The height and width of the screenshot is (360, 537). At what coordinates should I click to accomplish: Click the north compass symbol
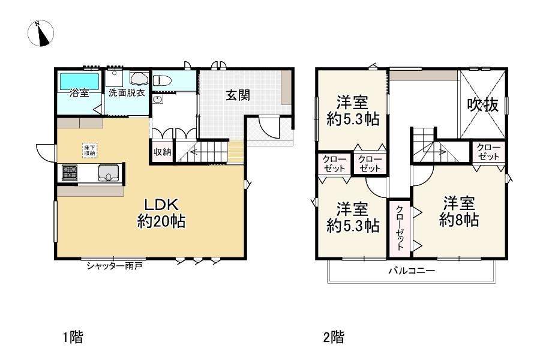coord(40,33)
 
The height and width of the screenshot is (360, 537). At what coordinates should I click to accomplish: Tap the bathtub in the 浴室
coord(80,81)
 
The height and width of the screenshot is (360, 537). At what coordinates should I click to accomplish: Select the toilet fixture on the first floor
coord(161,81)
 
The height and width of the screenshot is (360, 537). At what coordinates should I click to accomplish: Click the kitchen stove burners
coord(70,172)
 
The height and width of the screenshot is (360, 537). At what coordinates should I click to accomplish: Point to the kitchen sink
coord(109,173)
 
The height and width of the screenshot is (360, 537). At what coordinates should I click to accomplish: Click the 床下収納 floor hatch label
coord(90,151)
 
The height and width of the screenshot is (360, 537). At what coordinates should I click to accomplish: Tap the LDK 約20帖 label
coord(161,213)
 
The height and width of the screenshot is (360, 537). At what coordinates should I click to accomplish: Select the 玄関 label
coord(238,95)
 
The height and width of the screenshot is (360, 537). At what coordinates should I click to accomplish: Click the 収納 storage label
coord(163,152)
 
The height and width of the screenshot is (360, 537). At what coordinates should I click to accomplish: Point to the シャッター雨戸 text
coord(114,266)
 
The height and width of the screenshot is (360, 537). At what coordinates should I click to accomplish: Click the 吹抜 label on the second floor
coord(483,104)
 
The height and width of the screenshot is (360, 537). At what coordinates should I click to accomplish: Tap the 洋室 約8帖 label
coord(459,211)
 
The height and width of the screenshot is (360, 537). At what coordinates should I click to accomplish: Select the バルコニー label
coord(412,271)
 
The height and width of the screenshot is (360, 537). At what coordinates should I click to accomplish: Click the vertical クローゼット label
coord(400,228)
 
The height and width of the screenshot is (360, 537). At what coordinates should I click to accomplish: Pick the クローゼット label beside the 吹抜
coord(489,152)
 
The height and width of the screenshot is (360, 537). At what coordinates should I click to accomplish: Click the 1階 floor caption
coord(73,337)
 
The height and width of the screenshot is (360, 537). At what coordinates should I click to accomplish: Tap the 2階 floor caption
coord(334,337)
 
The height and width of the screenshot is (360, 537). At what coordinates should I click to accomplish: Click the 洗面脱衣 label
coord(127,92)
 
